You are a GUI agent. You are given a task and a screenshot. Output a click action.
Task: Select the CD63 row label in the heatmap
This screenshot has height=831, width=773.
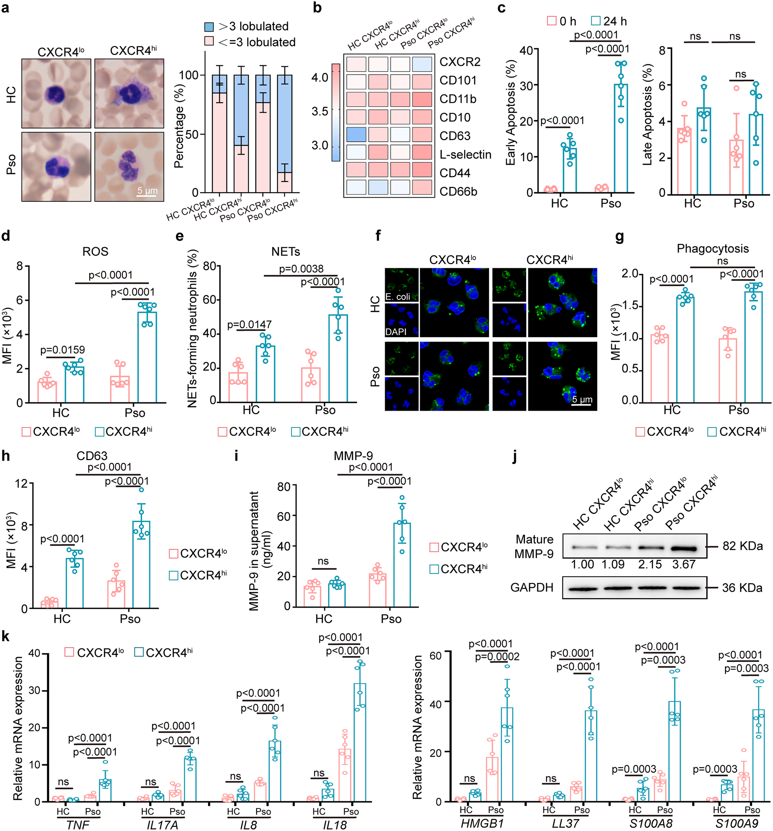(x=455, y=136)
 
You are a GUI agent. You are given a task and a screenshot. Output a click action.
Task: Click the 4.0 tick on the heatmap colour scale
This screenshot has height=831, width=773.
(x=320, y=77)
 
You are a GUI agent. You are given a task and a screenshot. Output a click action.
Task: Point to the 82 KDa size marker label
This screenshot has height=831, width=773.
(x=742, y=546)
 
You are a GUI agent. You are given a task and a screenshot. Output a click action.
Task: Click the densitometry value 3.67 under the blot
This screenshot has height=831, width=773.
(x=684, y=564)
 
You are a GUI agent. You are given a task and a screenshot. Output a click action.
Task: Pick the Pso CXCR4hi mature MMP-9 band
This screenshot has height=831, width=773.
(x=684, y=548)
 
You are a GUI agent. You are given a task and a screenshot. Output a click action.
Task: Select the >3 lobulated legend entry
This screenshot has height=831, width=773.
(x=247, y=26)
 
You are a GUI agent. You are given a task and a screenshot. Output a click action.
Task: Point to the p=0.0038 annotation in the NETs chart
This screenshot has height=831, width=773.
(x=301, y=268)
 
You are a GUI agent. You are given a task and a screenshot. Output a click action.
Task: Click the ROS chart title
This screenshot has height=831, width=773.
(x=95, y=251)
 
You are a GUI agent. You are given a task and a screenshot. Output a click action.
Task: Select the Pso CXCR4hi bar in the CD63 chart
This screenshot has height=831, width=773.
(x=141, y=564)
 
